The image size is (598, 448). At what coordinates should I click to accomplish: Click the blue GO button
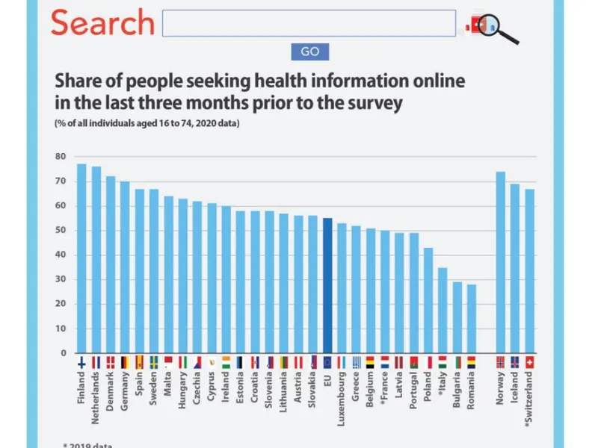pyautogui.click(x=309, y=52)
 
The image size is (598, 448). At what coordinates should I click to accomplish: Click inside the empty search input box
pyautogui.click(x=309, y=23)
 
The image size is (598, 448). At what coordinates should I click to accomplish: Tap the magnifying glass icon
pyautogui.click(x=499, y=26)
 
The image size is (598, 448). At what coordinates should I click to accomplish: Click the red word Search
pyautogui.click(x=102, y=23)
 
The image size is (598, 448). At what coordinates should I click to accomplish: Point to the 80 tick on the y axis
pyautogui.click(x=60, y=157)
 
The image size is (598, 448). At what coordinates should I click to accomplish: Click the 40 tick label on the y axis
pyautogui.click(x=60, y=255)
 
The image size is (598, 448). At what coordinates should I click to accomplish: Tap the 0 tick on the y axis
pyautogui.click(x=63, y=353)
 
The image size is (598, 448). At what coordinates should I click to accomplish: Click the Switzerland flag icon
pyautogui.click(x=529, y=362)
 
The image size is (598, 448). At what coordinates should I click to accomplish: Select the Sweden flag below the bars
pyautogui.click(x=153, y=362)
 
